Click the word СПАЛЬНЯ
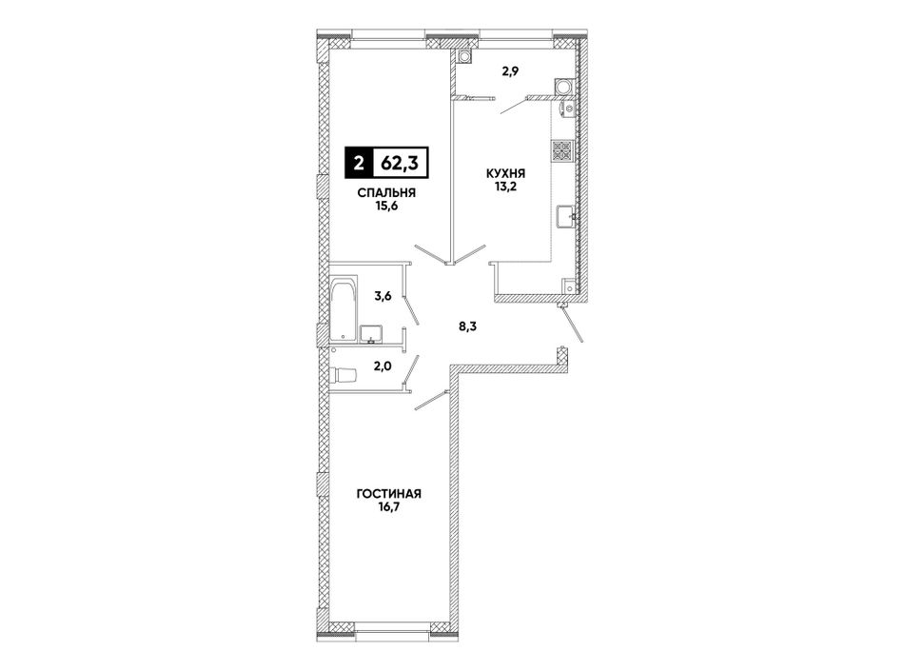tap(386, 193)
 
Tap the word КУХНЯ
tap(505, 173)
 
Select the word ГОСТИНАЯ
tap(389, 494)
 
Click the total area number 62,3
tap(400, 163)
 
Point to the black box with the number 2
tap(359, 164)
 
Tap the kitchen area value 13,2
tap(505, 187)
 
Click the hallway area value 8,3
tap(467, 326)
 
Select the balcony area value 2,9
tap(509, 72)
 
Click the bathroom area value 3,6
tap(383, 297)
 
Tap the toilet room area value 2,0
tap(383, 366)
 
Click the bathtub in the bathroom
tap(344, 310)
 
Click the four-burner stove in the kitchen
tap(562, 151)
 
